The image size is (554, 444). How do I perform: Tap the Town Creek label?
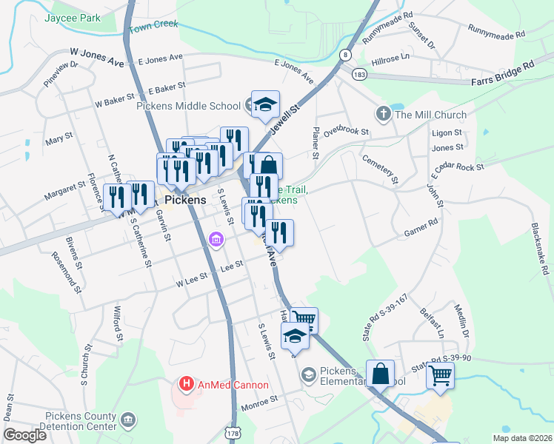pyautogui.click(x=154, y=27)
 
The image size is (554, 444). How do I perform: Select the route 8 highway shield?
pyautogui.click(x=345, y=54)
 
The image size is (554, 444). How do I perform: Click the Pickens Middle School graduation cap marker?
pyautogui.click(x=265, y=105)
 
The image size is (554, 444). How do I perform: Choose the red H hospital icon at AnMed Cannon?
pyautogui.click(x=187, y=385)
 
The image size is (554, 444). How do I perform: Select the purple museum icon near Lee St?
pyautogui.click(x=216, y=240)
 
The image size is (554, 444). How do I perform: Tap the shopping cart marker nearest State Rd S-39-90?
pyautogui.click(x=440, y=374)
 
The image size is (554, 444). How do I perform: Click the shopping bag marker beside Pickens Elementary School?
pyautogui.click(x=380, y=374)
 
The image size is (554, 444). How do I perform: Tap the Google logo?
pyautogui.click(x=24, y=435)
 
